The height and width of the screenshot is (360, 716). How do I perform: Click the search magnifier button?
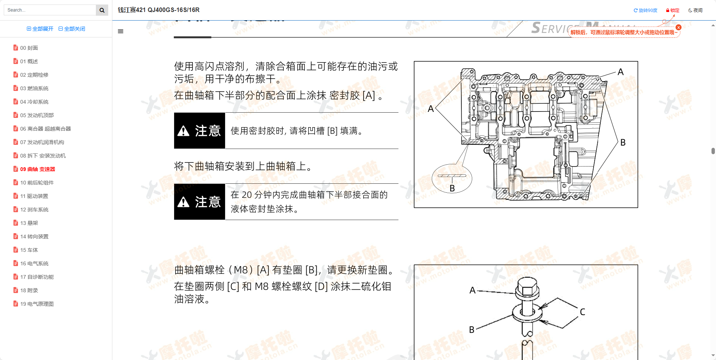coord(102,10)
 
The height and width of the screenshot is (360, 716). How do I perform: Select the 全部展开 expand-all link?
coord(40,29)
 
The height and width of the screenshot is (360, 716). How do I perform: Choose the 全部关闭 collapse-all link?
coord(72,29)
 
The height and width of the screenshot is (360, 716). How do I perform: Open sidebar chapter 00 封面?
coord(29,48)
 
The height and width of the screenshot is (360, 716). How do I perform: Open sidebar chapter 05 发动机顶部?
coord(37,115)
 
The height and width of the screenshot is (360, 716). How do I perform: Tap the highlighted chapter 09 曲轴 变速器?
coord(37,169)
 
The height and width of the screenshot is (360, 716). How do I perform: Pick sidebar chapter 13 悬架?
coord(29,223)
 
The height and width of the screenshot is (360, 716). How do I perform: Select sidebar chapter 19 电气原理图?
coord(37,304)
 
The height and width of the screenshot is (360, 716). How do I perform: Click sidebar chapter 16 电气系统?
coord(34,263)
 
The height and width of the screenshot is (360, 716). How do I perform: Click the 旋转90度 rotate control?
coord(646,10)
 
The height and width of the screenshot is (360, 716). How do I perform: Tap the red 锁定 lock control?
coord(673,10)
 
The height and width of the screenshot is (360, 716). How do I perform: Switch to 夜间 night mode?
coord(695,10)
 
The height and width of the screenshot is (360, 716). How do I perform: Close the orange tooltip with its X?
coord(679,27)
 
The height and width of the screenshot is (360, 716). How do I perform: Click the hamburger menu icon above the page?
coord(121,31)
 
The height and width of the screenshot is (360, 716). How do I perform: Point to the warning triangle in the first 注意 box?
coord(183,131)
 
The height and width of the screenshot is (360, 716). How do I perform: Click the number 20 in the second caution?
coord(247,195)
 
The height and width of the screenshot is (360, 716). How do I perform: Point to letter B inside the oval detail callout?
coord(452,188)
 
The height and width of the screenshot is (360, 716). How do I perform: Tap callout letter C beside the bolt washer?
coord(582,312)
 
